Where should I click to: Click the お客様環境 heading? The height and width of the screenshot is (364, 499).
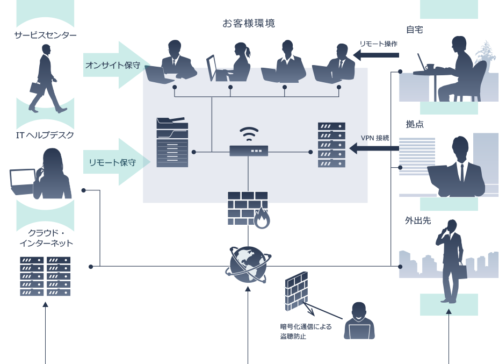249,24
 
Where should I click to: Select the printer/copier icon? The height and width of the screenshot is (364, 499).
172,142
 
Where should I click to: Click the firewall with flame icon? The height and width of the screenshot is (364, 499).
248,210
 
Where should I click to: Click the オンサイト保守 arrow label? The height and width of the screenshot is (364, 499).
113,66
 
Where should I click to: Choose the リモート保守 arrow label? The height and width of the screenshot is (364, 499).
112,162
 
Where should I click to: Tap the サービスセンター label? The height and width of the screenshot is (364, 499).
45,36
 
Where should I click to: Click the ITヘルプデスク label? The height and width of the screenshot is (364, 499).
45,135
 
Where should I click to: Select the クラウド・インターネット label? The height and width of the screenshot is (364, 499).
46,239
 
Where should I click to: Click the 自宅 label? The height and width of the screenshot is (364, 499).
414,31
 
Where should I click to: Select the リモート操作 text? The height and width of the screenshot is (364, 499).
378,44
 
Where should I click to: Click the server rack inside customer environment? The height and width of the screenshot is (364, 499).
331,145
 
